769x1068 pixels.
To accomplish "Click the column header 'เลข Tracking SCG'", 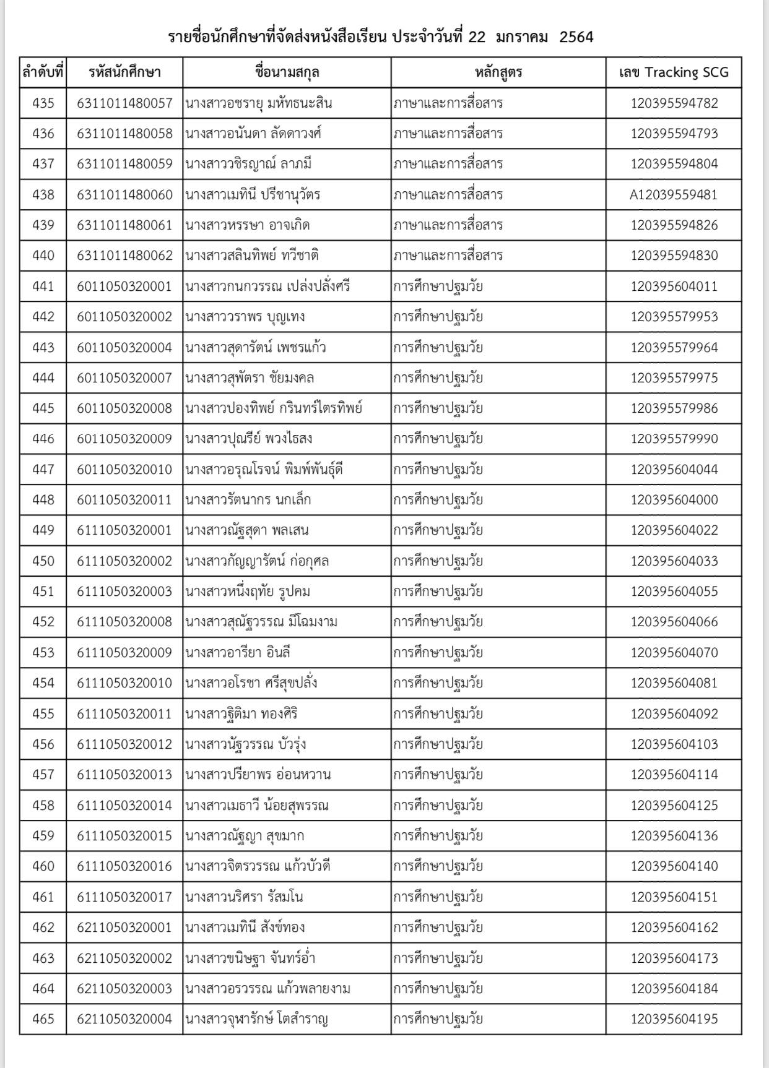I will (674, 72).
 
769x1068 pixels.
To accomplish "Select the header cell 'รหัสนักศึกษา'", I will (124, 72).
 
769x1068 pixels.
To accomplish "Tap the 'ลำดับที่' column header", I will (43, 72).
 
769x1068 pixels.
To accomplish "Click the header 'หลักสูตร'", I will (498, 72).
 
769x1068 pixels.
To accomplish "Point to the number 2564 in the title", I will (576, 37).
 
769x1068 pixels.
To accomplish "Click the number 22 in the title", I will (477, 37).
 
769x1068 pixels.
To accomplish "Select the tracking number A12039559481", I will (674, 195).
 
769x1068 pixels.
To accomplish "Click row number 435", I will (43, 103).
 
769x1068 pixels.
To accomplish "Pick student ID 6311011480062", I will (124, 256).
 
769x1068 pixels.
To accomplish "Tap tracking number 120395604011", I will (674, 286).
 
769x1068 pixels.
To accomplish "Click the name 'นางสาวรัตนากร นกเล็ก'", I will (248, 500).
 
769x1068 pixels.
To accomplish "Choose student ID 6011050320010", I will (124, 470).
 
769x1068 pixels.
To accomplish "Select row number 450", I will (43, 561).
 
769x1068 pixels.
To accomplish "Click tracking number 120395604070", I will (674, 653).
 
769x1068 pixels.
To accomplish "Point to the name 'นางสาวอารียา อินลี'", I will (238, 653).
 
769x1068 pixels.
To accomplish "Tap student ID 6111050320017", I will (124, 897).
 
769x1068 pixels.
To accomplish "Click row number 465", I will (43, 1019).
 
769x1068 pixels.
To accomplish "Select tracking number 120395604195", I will (674, 1019).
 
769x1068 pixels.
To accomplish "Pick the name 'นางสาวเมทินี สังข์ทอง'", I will (245, 928).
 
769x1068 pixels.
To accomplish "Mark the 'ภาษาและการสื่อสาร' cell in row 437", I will (448, 164).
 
